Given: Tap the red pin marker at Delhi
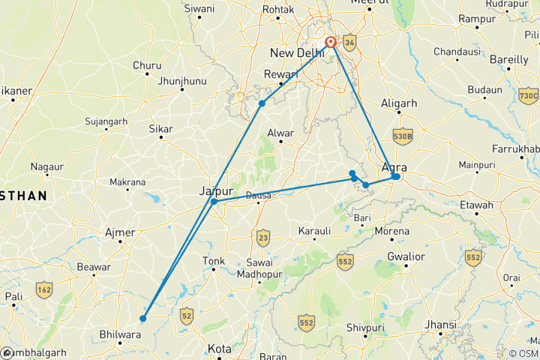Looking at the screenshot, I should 330,43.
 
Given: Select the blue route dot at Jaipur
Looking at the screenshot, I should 214,201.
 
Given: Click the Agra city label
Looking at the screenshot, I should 394,167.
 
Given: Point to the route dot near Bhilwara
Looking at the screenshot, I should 142,318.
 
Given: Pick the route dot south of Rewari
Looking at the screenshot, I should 262,103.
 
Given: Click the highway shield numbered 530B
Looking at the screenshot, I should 403,136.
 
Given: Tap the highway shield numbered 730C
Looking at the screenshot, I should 528,95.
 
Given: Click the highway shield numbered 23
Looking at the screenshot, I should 262,238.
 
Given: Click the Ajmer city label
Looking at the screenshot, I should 121,232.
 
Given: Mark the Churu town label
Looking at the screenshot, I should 147,65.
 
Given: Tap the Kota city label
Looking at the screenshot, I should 220,349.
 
